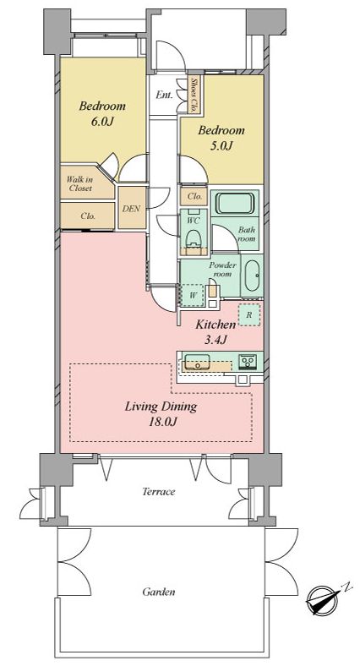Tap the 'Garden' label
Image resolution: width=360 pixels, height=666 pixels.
[158, 592]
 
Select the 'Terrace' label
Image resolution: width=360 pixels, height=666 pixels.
[158, 492]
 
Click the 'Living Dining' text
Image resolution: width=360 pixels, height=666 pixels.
[161, 407]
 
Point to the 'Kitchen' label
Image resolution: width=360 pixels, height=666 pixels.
[215, 325]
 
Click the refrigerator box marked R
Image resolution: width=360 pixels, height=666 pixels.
[248, 315]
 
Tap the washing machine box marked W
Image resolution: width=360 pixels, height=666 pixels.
[193, 295]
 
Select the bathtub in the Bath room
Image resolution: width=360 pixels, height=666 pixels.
[235, 204]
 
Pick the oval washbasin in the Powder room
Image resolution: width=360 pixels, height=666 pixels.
[252, 276]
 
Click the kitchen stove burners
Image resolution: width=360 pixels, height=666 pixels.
[246, 362]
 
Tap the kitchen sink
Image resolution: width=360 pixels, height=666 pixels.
[198, 363]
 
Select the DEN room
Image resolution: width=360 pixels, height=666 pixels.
[132, 208]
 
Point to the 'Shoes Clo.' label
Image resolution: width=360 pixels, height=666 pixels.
[194, 95]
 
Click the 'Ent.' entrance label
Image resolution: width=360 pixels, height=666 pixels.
[164, 95]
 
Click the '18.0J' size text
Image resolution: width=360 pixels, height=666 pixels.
[161, 423]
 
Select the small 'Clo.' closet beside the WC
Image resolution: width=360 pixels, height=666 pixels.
[194, 197]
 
